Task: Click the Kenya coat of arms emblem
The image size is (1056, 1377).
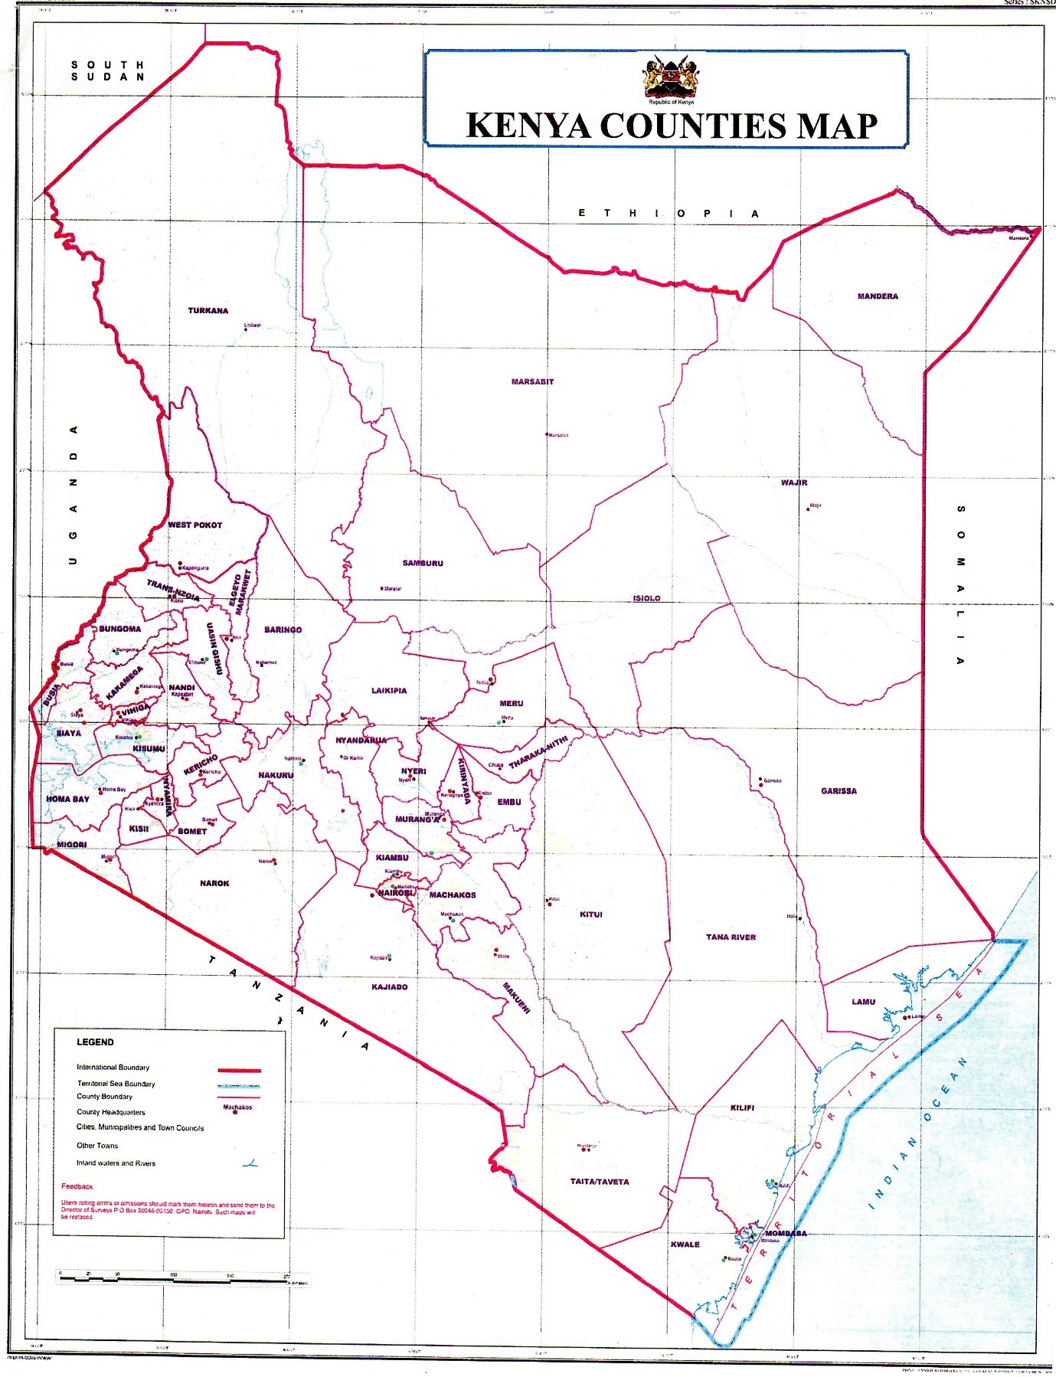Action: click(x=671, y=78)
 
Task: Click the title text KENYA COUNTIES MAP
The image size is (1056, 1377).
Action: click(x=672, y=126)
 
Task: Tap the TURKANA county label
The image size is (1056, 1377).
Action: click(x=208, y=311)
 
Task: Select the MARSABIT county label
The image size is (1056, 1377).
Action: click(x=532, y=381)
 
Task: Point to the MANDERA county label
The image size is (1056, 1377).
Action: click(x=878, y=296)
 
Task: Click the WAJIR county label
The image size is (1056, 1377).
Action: click(x=794, y=482)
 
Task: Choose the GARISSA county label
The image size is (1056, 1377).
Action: click(x=839, y=791)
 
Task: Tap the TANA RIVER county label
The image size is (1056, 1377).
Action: click(x=731, y=937)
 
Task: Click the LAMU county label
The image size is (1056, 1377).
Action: click(x=863, y=1002)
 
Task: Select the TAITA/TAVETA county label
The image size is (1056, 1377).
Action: click(x=600, y=1182)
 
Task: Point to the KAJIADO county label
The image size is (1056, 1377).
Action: click(x=389, y=987)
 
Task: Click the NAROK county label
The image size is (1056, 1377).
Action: click(x=214, y=884)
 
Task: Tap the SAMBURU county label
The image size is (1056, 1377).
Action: click(x=423, y=564)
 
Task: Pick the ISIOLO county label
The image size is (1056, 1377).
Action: click(x=646, y=599)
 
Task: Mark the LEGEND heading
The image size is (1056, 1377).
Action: click(x=95, y=1042)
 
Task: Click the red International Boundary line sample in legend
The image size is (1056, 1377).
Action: click(x=239, y=1070)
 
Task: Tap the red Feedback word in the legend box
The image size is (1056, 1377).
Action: click(x=77, y=1186)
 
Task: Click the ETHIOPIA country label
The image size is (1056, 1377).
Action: click(x=669, y=214)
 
